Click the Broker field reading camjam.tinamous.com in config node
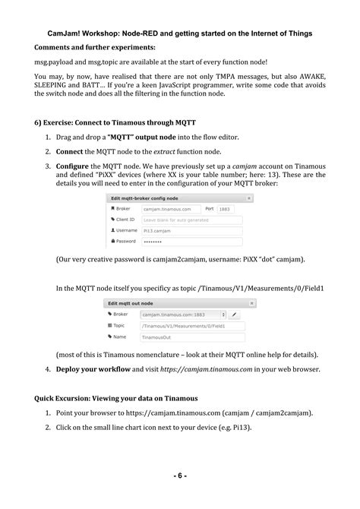(171, 209)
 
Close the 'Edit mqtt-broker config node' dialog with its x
(249, 198)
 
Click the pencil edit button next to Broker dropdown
(235, 314)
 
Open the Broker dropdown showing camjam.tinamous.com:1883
(182, 314)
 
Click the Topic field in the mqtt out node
(191, 325)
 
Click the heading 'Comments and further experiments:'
(94, 48)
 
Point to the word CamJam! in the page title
(61, 33)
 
